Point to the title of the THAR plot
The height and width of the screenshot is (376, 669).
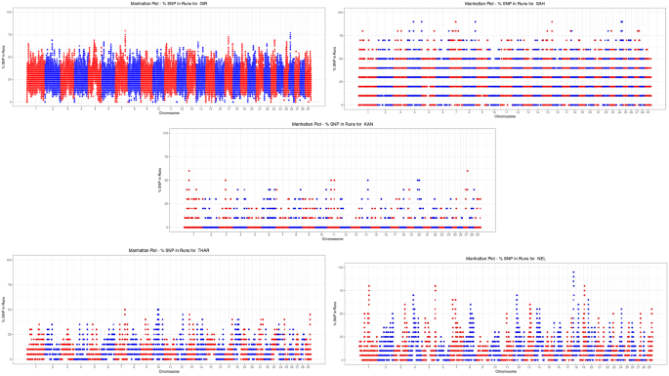[x=166, y=251]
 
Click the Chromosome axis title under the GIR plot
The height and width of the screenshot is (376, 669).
[x=169, y=113]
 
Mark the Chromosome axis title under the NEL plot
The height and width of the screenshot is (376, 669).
[x=505, y=372]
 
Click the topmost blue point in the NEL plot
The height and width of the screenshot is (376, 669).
[x=573, y=272]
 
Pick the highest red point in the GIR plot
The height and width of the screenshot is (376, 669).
[x=125, y=31]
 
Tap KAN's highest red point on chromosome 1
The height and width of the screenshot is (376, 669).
[x=188, y=171]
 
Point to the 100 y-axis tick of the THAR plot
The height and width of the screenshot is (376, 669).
[x=10, y=260]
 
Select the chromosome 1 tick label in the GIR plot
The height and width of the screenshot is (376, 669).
[x=37, y=108]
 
